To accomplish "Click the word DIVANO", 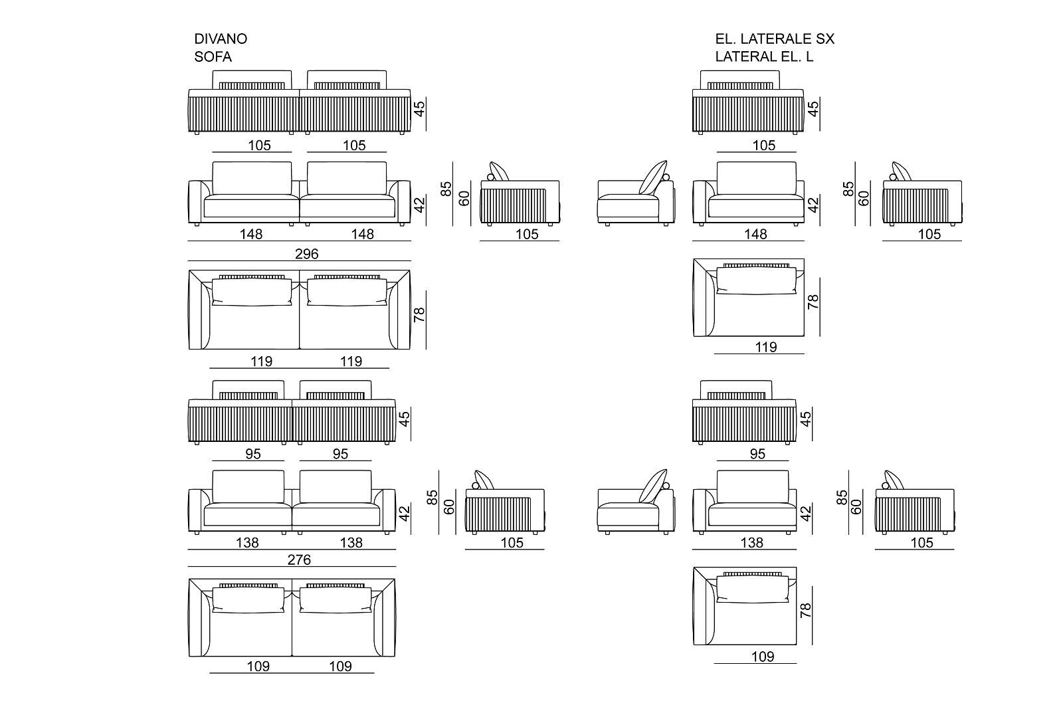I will point(221,39).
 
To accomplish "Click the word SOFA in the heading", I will point(213,57).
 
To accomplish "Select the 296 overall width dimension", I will point(307,254).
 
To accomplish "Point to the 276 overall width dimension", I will point(299,560).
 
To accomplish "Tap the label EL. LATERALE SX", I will point(775,39).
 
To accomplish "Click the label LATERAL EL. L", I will point(764,57).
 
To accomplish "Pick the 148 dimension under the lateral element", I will point(756,234).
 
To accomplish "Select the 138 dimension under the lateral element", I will point(751,543).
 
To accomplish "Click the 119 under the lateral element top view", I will point(766,347).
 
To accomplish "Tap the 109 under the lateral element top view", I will point(763,657).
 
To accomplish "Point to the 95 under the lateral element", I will point(757,454).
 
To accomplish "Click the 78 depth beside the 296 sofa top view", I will point(419,315).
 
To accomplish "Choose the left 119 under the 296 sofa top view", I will point(262,361).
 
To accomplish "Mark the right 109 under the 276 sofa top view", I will point(340,666).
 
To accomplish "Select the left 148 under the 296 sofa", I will point(251,234).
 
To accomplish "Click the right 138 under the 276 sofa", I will point(351,543).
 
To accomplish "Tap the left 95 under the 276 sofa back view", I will point(253,454).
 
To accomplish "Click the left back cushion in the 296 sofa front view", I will point(252,177).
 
